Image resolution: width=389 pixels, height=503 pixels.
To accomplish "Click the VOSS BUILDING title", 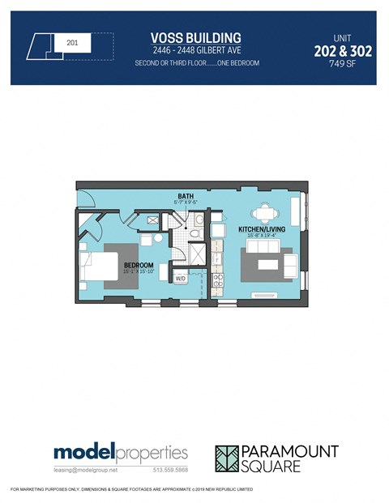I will point(196,38).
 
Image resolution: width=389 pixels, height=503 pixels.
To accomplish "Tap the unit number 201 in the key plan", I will point(72,42).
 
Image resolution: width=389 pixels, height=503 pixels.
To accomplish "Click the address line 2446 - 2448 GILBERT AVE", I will point(196,50).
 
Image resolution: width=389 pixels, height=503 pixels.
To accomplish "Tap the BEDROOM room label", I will point(139,266).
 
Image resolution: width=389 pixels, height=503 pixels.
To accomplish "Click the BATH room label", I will point(186,197).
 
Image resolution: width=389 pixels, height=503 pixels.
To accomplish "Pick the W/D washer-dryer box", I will point(181,279).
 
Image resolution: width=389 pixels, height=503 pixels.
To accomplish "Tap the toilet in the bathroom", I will point(197,228).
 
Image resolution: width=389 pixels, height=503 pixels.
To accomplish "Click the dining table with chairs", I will point(265,215).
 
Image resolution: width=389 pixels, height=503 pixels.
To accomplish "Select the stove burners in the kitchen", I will point(217,281).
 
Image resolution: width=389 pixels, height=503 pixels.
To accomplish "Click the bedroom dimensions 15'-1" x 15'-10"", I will point(139,272).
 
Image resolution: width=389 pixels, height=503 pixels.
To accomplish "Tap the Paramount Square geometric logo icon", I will point(232,458).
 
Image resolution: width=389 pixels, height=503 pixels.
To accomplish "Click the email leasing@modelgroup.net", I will point(86,470).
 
